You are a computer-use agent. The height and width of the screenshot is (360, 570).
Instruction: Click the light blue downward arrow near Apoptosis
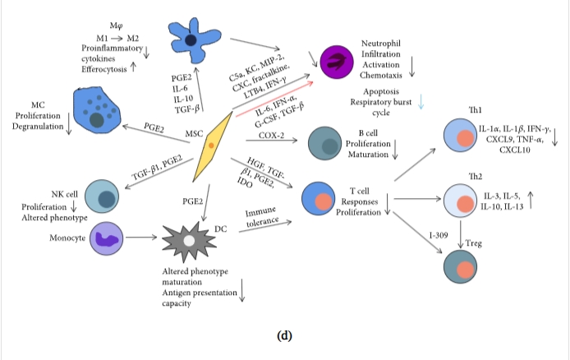click(421, 101)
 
